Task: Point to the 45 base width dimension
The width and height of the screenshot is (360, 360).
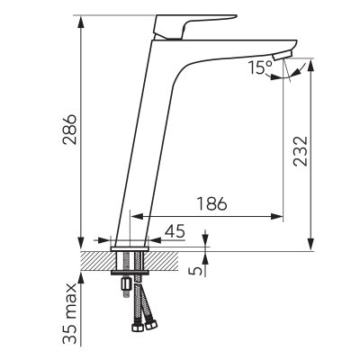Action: pyautogui.click(x=175, y=232)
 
